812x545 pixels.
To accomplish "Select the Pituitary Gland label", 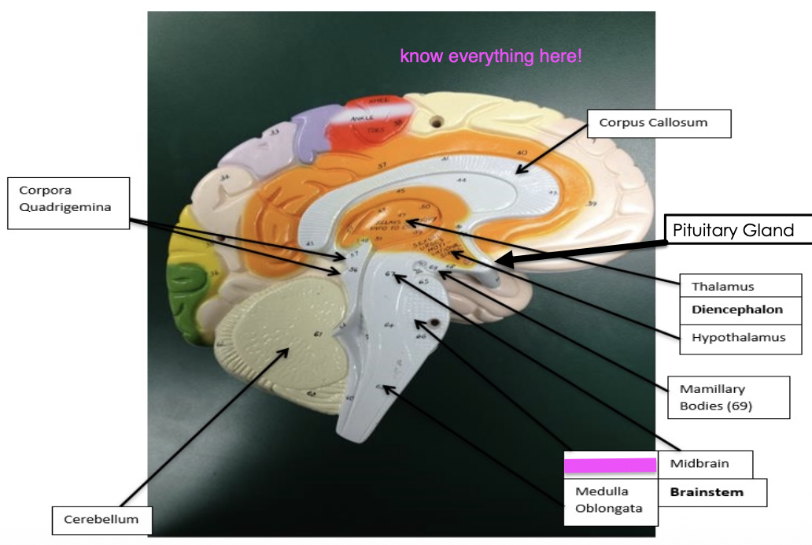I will click(x=733, y=230).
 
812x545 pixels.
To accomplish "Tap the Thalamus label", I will click(x=722, y=286).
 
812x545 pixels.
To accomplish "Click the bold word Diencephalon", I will click(x=737, y=310).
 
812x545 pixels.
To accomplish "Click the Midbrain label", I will click(x=699, y=463).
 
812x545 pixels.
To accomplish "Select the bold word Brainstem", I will click(x=706, y=492).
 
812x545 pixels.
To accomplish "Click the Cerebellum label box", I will click(x=101, y=519).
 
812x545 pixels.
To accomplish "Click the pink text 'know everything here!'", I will click(x=491, y=57).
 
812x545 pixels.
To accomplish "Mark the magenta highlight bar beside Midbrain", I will click(x=611, y=465).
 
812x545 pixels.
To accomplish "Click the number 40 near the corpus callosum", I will click(x=521, y=153).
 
